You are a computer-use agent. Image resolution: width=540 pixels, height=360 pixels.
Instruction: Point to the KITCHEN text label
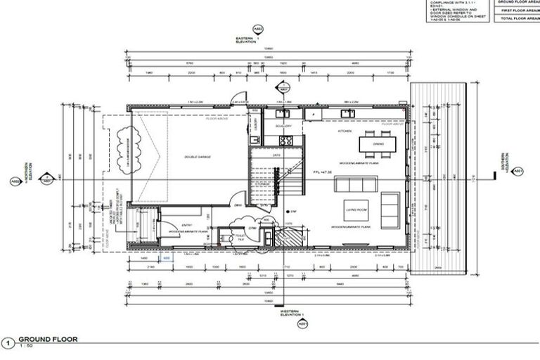tap(345, 131)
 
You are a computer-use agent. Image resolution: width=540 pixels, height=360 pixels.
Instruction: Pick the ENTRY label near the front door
tap(186, 225)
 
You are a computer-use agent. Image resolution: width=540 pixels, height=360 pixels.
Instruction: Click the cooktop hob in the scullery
tap(284, 112)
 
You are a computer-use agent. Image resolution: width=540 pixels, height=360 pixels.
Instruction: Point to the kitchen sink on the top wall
tap(348, 112)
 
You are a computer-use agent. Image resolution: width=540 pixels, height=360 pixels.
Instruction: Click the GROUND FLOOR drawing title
tap(48, 339)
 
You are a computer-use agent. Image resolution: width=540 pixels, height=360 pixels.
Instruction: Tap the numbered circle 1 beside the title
tap(8, 342)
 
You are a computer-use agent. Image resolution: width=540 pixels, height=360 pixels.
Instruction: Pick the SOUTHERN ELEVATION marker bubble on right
tap(517, 171)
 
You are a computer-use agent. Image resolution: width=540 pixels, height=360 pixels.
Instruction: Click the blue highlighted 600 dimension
tap(167, 259)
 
